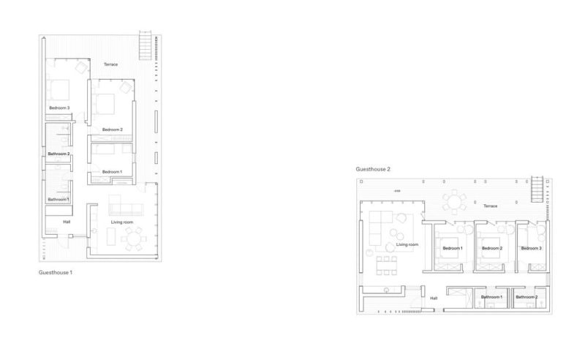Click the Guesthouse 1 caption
click(56, 272)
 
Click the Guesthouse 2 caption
click(373, 169)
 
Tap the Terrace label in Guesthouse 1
click(111, 64)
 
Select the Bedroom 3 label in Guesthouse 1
click(60, 108)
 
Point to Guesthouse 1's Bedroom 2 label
click(113, 130)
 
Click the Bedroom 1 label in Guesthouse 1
click(112, 172)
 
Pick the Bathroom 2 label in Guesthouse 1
click(58, 154)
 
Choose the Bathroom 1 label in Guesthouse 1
click(58, 200)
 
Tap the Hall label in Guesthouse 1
click(67, 222)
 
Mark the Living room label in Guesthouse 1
click(122, 222)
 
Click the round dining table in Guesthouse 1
click(133, 239)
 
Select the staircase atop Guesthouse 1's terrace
click(146, 45)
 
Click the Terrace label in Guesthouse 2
click(490, 206)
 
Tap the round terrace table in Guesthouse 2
click(454, 203)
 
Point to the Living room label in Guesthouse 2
click(407, 244)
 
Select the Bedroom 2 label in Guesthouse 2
click(492, 248)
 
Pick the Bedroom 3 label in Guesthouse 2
click(532, 248)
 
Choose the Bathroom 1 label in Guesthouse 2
click(491, 297)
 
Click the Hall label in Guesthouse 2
click(434, 299)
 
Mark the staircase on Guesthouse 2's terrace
click(537, 189)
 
